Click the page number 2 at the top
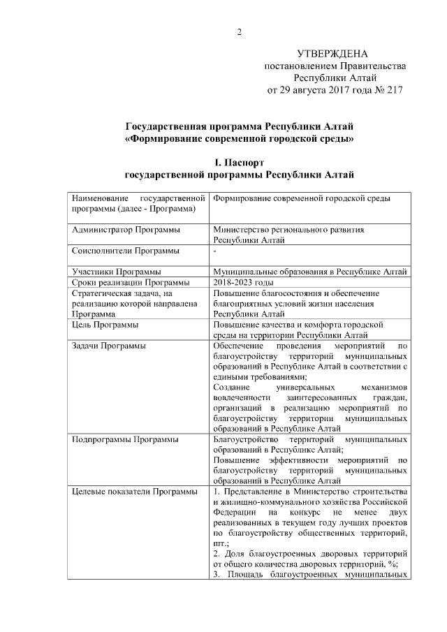tap(239, 32)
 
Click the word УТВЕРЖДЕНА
tap(332, 54)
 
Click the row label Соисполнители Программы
tap(125, 250)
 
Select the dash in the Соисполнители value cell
tap(214, 250)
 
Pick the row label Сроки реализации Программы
tap(131, 282)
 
